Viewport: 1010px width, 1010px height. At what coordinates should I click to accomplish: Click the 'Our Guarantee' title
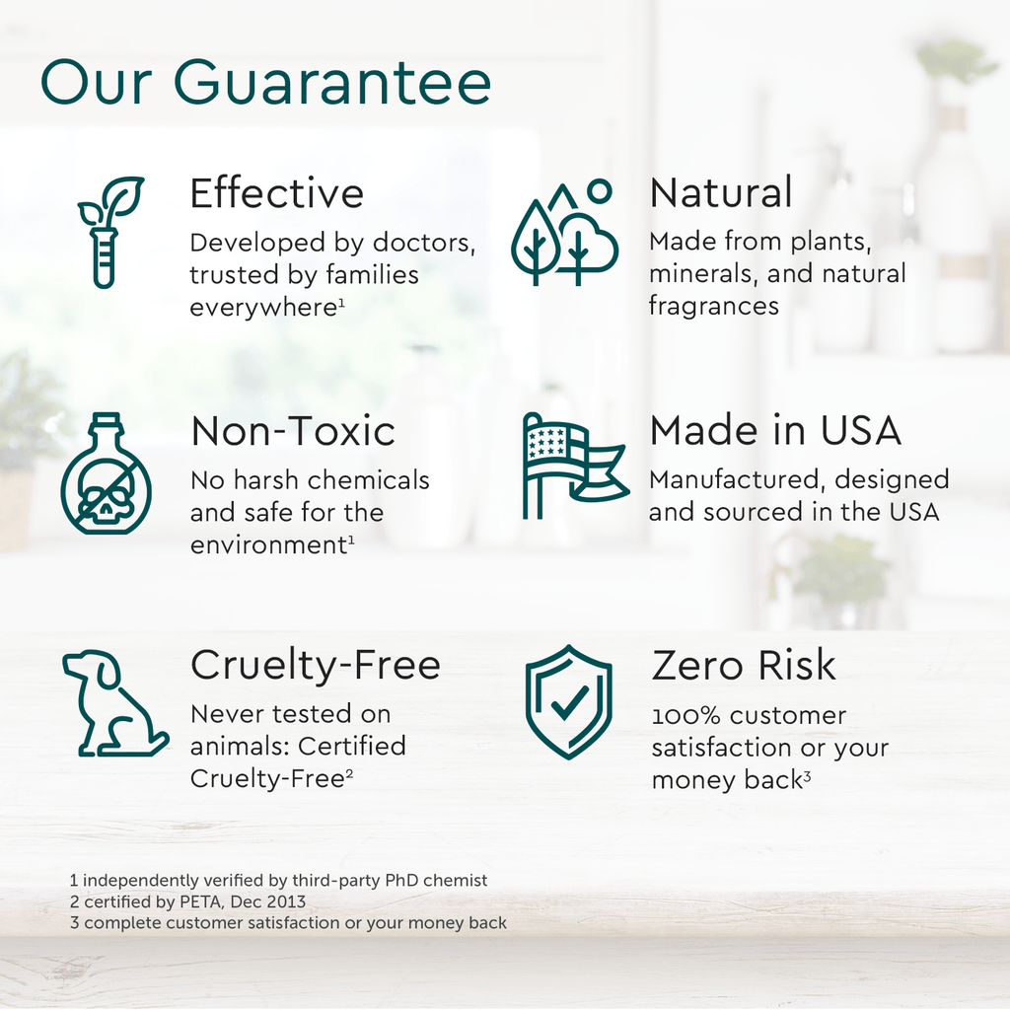pyautogui.click(x=265, y=84)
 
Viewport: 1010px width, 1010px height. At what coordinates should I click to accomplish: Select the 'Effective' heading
pyautogui.click(x=276, y=193)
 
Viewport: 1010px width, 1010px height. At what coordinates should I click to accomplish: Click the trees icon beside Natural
pyautogui.click(x=563, y=234)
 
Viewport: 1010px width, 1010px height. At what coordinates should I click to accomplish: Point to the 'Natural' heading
pyautogui.click(x=720, y=193)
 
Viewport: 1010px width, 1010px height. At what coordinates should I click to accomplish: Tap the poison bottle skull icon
pyautogui.click(x=106, y=474)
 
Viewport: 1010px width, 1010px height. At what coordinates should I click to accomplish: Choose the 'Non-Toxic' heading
pyautogui.click(x=293, y=431)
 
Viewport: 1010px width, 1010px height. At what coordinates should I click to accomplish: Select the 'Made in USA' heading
pyautogui.click(x=775, y=430)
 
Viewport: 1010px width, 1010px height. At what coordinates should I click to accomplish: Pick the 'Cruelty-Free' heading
pyautogui.click(x=315, y=665)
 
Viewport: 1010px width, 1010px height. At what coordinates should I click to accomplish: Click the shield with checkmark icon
pyautogui.click(x=568, y=702)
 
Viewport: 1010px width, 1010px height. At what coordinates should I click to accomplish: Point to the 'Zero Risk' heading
pyautogui.click(x=744, y=666)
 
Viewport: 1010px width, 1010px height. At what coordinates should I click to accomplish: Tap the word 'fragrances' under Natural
pyautogui.click(x=713, y=306)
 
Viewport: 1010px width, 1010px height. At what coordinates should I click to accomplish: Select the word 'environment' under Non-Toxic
pyautogui.click(x=267, y=545)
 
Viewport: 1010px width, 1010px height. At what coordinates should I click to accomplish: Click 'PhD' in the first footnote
pyautogui.click(x=396, y=880)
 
